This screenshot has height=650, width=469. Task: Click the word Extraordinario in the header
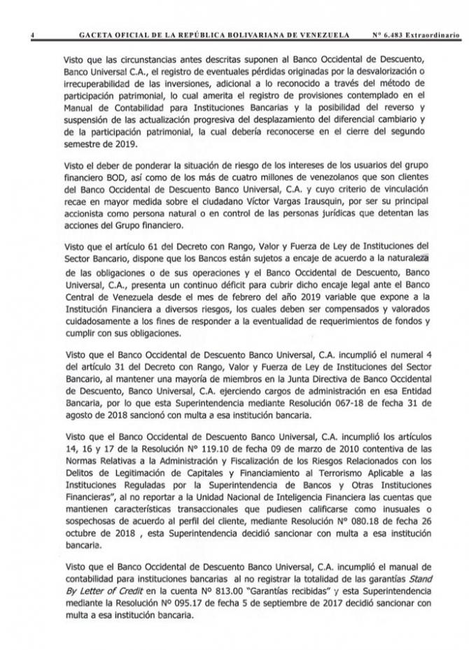tap(437, 33)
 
